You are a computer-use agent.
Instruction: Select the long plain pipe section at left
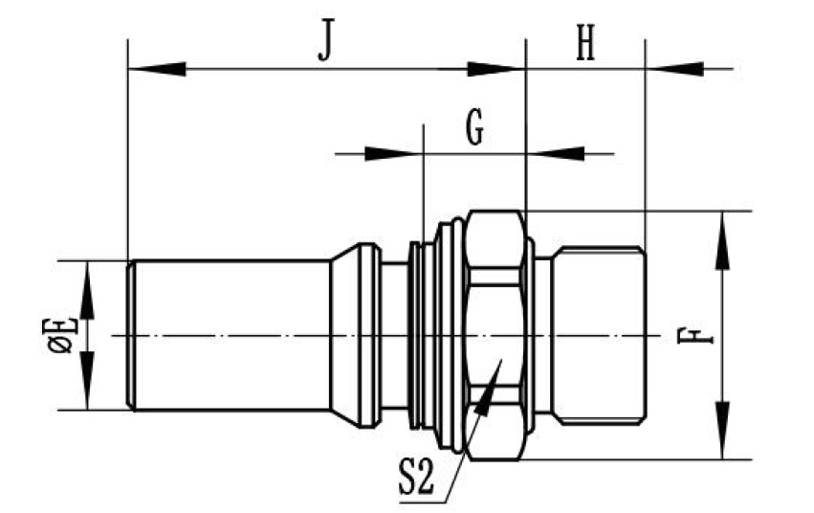pos(230,335)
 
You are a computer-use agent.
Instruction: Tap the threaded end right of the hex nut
pos(598,335)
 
